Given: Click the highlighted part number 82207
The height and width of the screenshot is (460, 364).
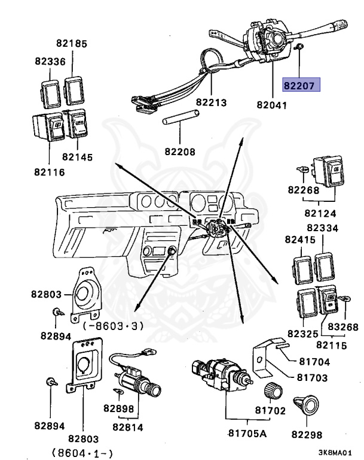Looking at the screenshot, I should [302, 86].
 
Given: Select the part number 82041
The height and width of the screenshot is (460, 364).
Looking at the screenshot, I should [271, 105].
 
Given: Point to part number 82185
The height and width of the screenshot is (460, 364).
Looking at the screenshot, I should [72, 43].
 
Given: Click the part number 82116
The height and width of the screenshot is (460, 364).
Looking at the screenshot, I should [50, 172].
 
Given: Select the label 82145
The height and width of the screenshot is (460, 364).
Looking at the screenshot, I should [78, 157].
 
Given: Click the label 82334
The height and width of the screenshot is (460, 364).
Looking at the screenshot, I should [322, 228].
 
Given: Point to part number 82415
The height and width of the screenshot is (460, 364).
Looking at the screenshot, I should [299, 240].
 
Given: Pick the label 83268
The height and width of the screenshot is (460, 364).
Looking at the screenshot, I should [343, 326].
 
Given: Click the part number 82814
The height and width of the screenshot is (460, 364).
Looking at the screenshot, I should [129, 427].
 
